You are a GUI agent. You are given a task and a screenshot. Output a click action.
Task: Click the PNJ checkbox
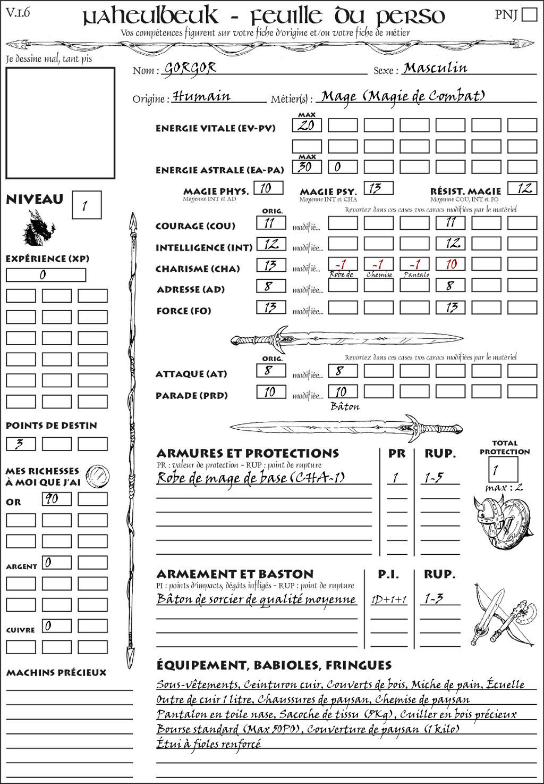click(529, 14)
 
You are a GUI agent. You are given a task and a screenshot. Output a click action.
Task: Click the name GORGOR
click(190, 68)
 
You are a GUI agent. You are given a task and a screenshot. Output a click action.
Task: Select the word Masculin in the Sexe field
click(435, 68)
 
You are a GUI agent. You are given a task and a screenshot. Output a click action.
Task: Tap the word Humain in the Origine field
click(202, 96)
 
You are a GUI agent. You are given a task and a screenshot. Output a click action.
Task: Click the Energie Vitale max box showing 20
click(307, 126)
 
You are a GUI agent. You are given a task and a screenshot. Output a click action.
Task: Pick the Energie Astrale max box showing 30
click(307, 166)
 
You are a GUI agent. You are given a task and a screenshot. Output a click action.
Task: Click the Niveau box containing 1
click(87, 205)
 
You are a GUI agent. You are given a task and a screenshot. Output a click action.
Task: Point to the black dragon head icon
click(38, 229)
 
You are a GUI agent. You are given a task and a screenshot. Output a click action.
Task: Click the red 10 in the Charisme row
click(451, 264)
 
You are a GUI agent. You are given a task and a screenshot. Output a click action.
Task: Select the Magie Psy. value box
click(379, 188)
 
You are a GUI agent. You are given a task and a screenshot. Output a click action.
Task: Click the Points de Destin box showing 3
click(21, 444)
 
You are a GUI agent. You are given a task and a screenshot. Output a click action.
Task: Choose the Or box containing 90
click(57, 499)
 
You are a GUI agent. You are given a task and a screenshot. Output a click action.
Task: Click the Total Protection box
click(503, 470)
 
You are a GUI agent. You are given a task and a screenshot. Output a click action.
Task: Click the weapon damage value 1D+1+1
click(389, 600)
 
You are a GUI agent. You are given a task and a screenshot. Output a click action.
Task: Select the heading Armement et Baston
click(235, 574)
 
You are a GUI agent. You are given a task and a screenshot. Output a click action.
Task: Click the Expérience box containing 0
click(46, 275)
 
